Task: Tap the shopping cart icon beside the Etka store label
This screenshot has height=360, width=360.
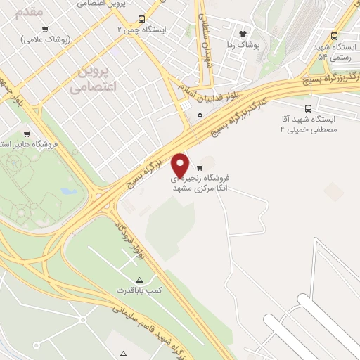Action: (200, 167)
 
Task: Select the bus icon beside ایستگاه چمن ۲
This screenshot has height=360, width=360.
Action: (142, 19)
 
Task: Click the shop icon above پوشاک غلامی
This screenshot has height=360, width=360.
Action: (45, 29)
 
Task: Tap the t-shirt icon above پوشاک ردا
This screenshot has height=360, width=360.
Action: (243, 33)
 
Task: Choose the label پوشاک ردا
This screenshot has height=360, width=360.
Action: (245, 44)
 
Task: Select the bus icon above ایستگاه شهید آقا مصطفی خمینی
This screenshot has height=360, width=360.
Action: (308, 108)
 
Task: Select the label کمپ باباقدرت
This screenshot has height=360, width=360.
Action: (139, 290)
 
